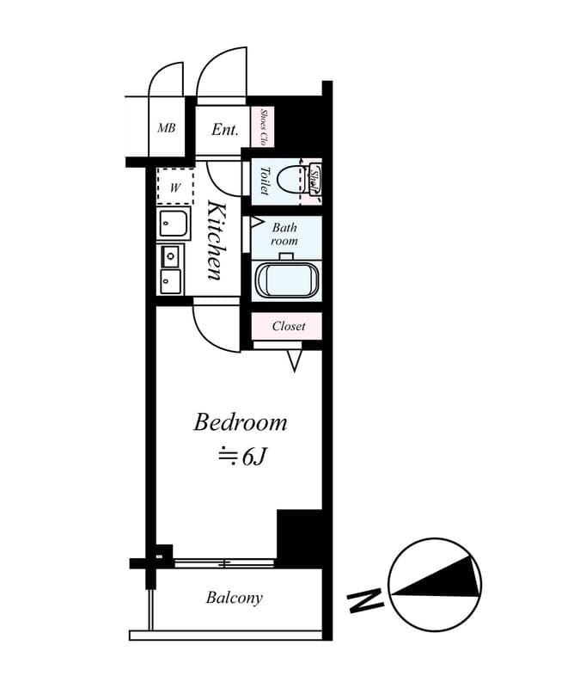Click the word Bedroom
click(x=240, y=423)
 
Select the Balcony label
click(x=234, y=598)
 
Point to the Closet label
click(x=288, y=326)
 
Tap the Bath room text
click(x=284, y=235)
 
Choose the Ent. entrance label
click(x=224, y=130)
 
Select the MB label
click(x=166, y=129)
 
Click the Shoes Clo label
click(x=264, y=127)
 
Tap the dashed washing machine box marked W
click(x=175, y=187)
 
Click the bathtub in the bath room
click(x=288, y=280)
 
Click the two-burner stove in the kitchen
click(x=170, y=268)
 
